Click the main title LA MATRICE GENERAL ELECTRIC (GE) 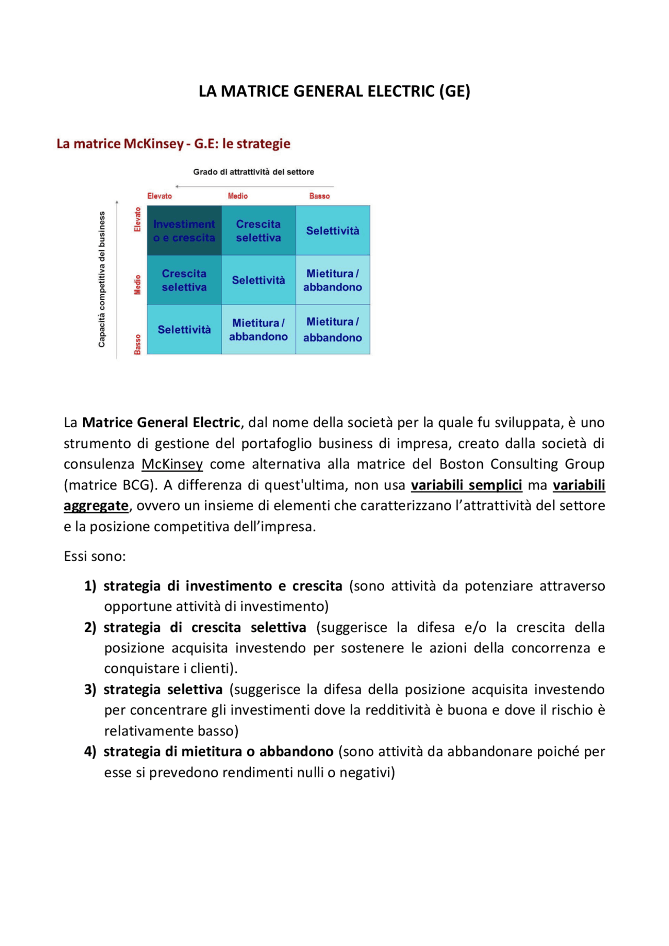tap(334, 91)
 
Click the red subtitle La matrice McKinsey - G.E tap(173, 144)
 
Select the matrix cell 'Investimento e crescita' tap(184, 231)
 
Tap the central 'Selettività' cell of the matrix tap(258, 281)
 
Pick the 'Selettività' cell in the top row tap(332, 231)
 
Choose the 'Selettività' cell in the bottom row tap(184, 330)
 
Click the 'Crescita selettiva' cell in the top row tap(258, 231)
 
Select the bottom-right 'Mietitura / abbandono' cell tap(332, 330)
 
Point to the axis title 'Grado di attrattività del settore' tap(253, 172)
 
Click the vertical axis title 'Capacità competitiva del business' tap(102, 279)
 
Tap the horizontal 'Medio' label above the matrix tap(238, 196)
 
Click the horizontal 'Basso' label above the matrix tap(319, 196)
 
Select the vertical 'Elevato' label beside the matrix tap(137, 219)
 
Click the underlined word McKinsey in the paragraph tap(172, 464)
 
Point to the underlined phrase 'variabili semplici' tap(466, 485)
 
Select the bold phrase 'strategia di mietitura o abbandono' tap(218, 752)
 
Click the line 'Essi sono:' tap(95, 556)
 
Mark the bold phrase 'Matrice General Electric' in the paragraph tap(161, 423)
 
